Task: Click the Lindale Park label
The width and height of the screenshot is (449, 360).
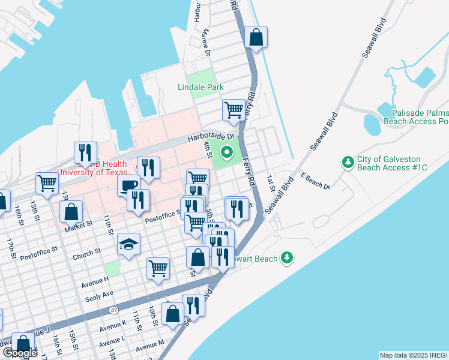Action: (x=200, y=87)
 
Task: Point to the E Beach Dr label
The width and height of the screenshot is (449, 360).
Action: (x=316, y=182)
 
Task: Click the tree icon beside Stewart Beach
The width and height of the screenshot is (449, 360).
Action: (x=288, y=258)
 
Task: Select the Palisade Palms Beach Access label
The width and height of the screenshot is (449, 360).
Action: (x=420, y=117)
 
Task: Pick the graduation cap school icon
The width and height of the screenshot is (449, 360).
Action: (x=129, y=244)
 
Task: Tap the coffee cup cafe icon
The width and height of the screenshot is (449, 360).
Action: (x=128, y=186)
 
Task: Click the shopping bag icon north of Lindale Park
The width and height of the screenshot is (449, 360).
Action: (x=256, y=37)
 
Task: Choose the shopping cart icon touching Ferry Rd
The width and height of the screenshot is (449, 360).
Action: (x=233, y=110)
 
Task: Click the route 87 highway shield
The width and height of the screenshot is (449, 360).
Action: (x=113, y=310)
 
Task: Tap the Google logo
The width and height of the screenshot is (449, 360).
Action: (x=20, y=353)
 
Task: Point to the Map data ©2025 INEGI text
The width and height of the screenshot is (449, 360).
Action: (x=414, y=355)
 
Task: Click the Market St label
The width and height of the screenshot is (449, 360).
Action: (x=80, y=223)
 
